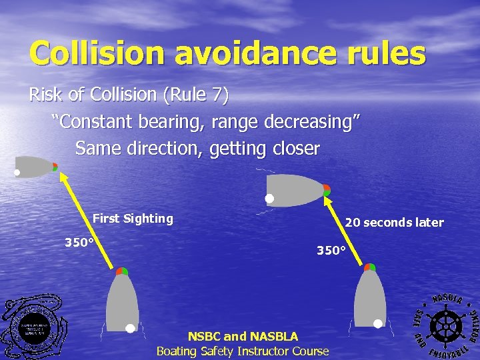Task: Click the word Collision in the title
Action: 96,53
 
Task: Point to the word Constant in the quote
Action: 97,122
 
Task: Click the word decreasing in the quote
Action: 311,122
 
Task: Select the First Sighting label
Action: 133,219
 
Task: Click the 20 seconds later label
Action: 394,223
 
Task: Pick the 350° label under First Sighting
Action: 79,243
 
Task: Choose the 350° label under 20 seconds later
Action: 331,251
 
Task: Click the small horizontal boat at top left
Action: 35,167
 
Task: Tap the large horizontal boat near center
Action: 297,190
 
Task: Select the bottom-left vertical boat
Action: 123,300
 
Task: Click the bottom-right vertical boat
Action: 370,297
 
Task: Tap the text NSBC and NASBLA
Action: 243,337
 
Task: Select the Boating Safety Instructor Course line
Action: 243,351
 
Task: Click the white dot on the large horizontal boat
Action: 269,199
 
